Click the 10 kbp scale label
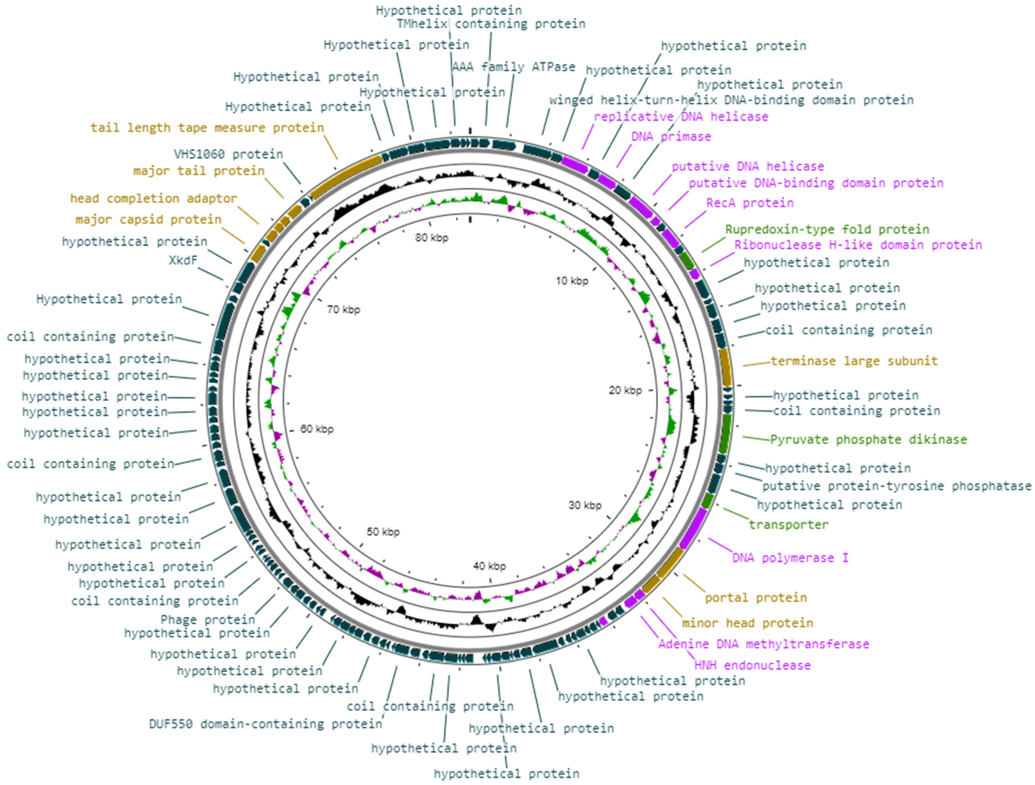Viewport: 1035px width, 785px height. pyautogui.click(x=572, y=281)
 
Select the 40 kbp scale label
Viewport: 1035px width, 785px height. pyautogui.click(x=489, y=566)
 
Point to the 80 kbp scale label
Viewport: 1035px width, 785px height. pyautogui.click(x=431, y=238)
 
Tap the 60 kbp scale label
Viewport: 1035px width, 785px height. pyautogui.click(x=317, y=429)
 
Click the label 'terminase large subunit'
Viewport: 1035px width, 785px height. pyautogui.click(x=854, y=361)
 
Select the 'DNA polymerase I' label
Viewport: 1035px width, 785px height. pyautogui.click(x=790, y=558)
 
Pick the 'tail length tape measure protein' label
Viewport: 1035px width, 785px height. pyautogui.click(x=207, y=128)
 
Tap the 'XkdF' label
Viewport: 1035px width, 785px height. pyautogui.click(x=183, y=260)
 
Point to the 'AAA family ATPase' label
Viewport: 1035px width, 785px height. pyautogui.click(x=513, y=67)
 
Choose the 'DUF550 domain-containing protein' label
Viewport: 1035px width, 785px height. pyautogui.click(x=265, y=724)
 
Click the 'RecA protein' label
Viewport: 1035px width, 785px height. pyautogui.click(x=750, y=203)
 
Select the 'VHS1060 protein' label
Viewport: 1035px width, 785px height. pyautogui.click(x=228, y=154)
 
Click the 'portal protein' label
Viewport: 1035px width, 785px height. pyautogui.click(x=756, y=598)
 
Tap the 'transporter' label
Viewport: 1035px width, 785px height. pyautogui.click(x=788, y=525)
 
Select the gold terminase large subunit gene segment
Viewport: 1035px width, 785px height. pyautogui.click(x=726, y=367)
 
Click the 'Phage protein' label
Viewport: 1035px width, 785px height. pyautogui.click(x=208, y=620)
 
